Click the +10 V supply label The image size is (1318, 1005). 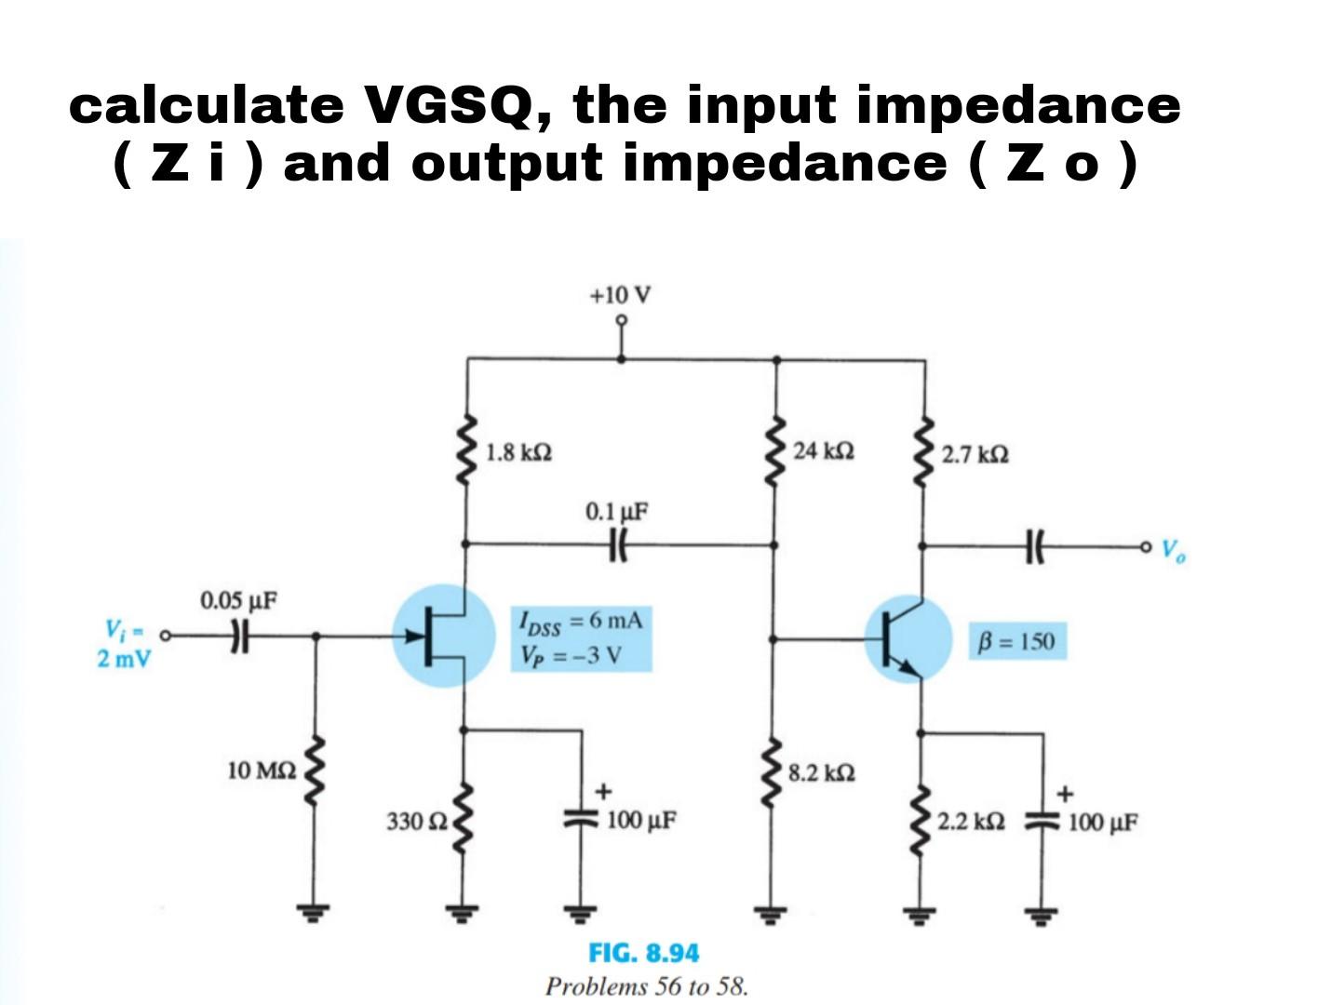(620, 296)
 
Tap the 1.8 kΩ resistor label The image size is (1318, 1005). (518, 453)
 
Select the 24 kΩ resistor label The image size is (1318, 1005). (824, 451)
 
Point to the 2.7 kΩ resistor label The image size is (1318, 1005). (975, 455)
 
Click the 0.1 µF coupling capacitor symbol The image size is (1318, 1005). (617, 543)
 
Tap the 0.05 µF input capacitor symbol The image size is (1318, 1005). (239, 636)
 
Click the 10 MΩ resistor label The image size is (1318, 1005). (262, 770)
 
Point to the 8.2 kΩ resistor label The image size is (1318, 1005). (821, 772)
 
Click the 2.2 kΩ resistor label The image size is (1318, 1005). (971, 823)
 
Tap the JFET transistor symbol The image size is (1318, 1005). (443, 636)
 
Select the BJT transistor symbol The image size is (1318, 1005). (907, 640)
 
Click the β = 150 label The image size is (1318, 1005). (1016, 642)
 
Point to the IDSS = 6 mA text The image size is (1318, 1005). (581, 622)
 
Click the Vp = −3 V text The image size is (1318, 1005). (572, 656)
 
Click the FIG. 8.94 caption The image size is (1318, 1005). (643, 953)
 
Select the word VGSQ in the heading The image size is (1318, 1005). (454, 104)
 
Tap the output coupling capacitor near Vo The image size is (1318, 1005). (1036, 545)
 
